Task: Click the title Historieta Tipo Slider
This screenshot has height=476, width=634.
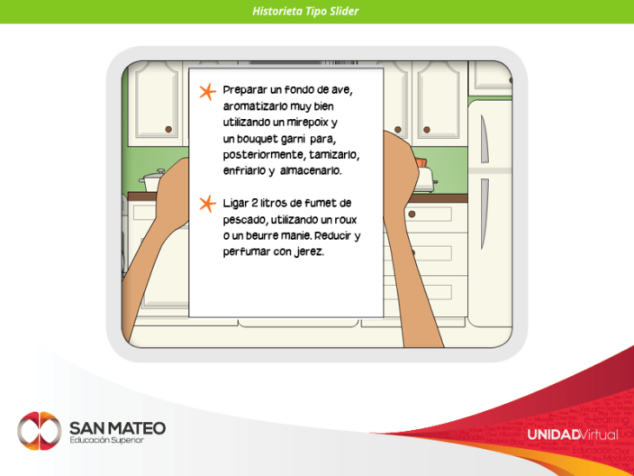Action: (305, 11)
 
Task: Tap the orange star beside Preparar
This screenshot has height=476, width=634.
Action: (208, 92)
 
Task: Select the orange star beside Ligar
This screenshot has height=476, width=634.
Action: (208, 204)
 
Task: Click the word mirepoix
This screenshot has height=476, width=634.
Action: (307, 122)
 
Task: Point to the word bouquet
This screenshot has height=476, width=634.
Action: (257, 139)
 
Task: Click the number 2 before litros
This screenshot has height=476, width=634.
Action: (254, 202)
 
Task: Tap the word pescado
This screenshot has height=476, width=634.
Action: (245, 220)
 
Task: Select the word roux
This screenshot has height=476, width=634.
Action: (345, 220)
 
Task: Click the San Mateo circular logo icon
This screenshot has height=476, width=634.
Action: (39, 431)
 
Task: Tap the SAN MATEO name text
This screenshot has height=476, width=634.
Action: (117, 428)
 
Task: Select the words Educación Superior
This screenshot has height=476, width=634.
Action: (107, 440)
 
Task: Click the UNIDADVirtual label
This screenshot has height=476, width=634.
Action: (572, 435)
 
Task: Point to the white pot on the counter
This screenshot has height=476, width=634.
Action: (153, 181)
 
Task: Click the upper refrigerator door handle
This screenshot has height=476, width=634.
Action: (484, 139)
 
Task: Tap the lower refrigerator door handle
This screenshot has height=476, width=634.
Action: (484, 214)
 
